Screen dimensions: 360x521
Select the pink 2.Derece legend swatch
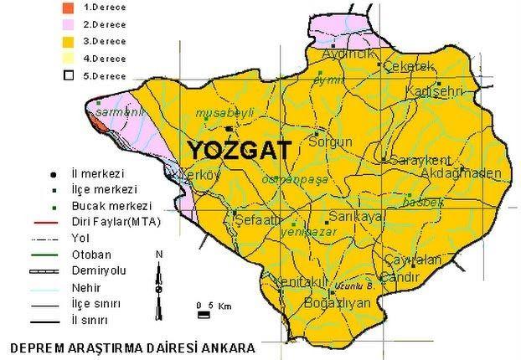tap(69, 23)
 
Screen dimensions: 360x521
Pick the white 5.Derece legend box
tap(69, 76)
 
